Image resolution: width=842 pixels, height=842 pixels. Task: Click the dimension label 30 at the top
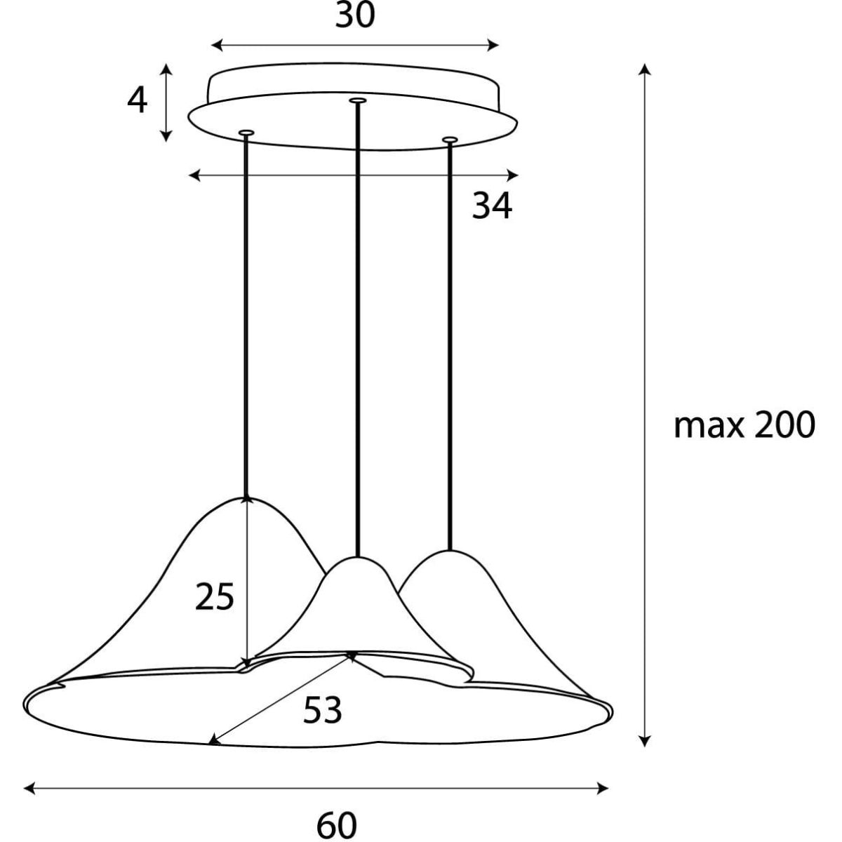[x=355, y=15]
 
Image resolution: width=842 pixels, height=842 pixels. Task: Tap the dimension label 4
[x=138, y=100]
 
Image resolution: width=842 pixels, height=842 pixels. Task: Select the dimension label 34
[x=492, y=206]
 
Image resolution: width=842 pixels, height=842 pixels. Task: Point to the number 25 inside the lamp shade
[x=215, y=596]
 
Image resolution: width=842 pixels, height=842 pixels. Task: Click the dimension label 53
[x=323, y=710]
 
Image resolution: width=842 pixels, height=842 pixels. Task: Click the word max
[x=709, y=427]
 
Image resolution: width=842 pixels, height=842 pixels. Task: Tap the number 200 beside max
[x=785, y=425]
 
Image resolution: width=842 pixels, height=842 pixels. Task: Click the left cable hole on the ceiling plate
[x=246, y=132]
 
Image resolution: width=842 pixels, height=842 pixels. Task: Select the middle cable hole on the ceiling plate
[x=357, y=100]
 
